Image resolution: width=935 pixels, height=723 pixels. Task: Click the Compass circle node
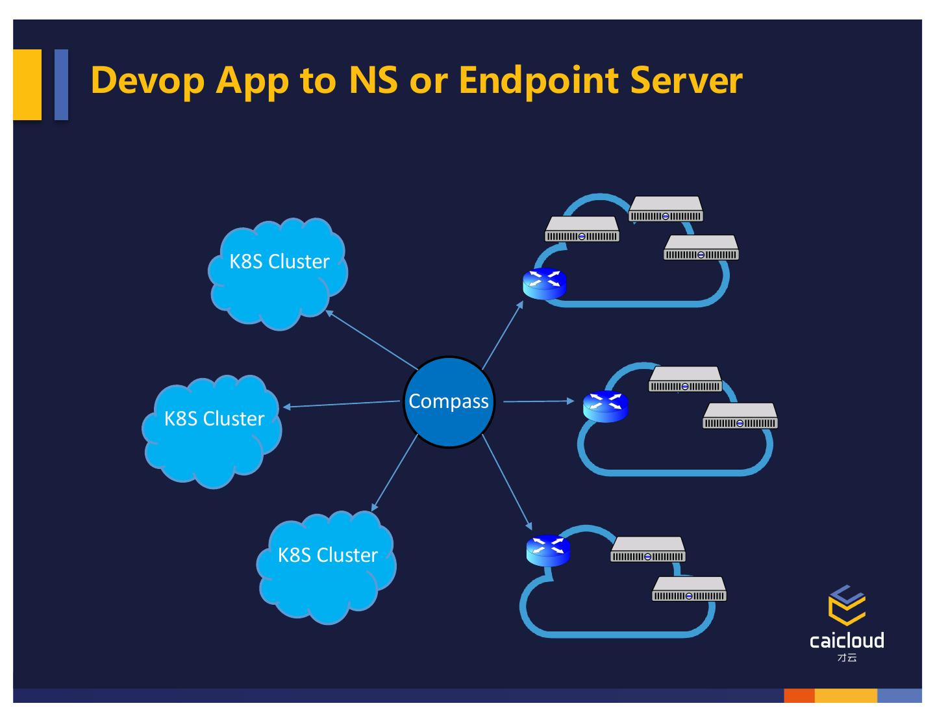point(449,402)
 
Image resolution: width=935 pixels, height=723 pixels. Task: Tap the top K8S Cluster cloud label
point(279,261)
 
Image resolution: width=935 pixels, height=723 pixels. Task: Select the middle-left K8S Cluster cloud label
point(214,418)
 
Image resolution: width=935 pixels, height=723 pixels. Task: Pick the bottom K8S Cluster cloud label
point(327,555)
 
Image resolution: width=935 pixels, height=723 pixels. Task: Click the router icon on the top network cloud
point(545,284)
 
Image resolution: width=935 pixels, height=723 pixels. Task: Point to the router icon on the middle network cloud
point(606,407)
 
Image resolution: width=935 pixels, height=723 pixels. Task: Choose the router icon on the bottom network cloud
point(548,550)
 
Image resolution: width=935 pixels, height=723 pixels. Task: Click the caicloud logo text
point(847,641)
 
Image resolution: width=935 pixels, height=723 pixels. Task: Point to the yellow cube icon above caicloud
point(847,605)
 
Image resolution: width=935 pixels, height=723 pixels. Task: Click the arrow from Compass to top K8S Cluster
point(372,340)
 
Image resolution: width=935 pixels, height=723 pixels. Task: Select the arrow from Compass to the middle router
point(538,401)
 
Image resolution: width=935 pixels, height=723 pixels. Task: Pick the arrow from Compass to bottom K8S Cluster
point(395,472)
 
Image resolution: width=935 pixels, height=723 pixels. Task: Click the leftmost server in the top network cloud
point(582,229)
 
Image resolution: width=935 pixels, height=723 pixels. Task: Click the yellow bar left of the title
point(27,84)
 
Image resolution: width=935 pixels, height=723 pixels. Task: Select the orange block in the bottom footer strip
point(799,696)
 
